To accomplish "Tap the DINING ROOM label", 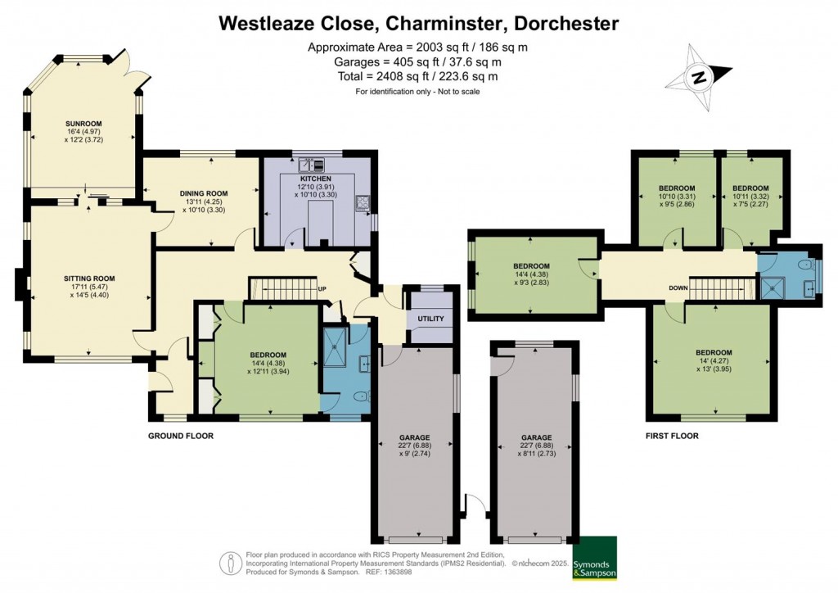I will point(201,194).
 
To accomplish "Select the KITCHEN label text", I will point(315,179).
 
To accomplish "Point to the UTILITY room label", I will point(430,319).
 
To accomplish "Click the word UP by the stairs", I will point(322,290).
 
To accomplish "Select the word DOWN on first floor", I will point(678,288).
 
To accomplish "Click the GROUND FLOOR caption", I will point(180,436).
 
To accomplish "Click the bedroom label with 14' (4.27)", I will point(712,353).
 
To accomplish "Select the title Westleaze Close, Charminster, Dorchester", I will point(418,24).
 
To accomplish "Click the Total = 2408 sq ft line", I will point(418,76).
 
